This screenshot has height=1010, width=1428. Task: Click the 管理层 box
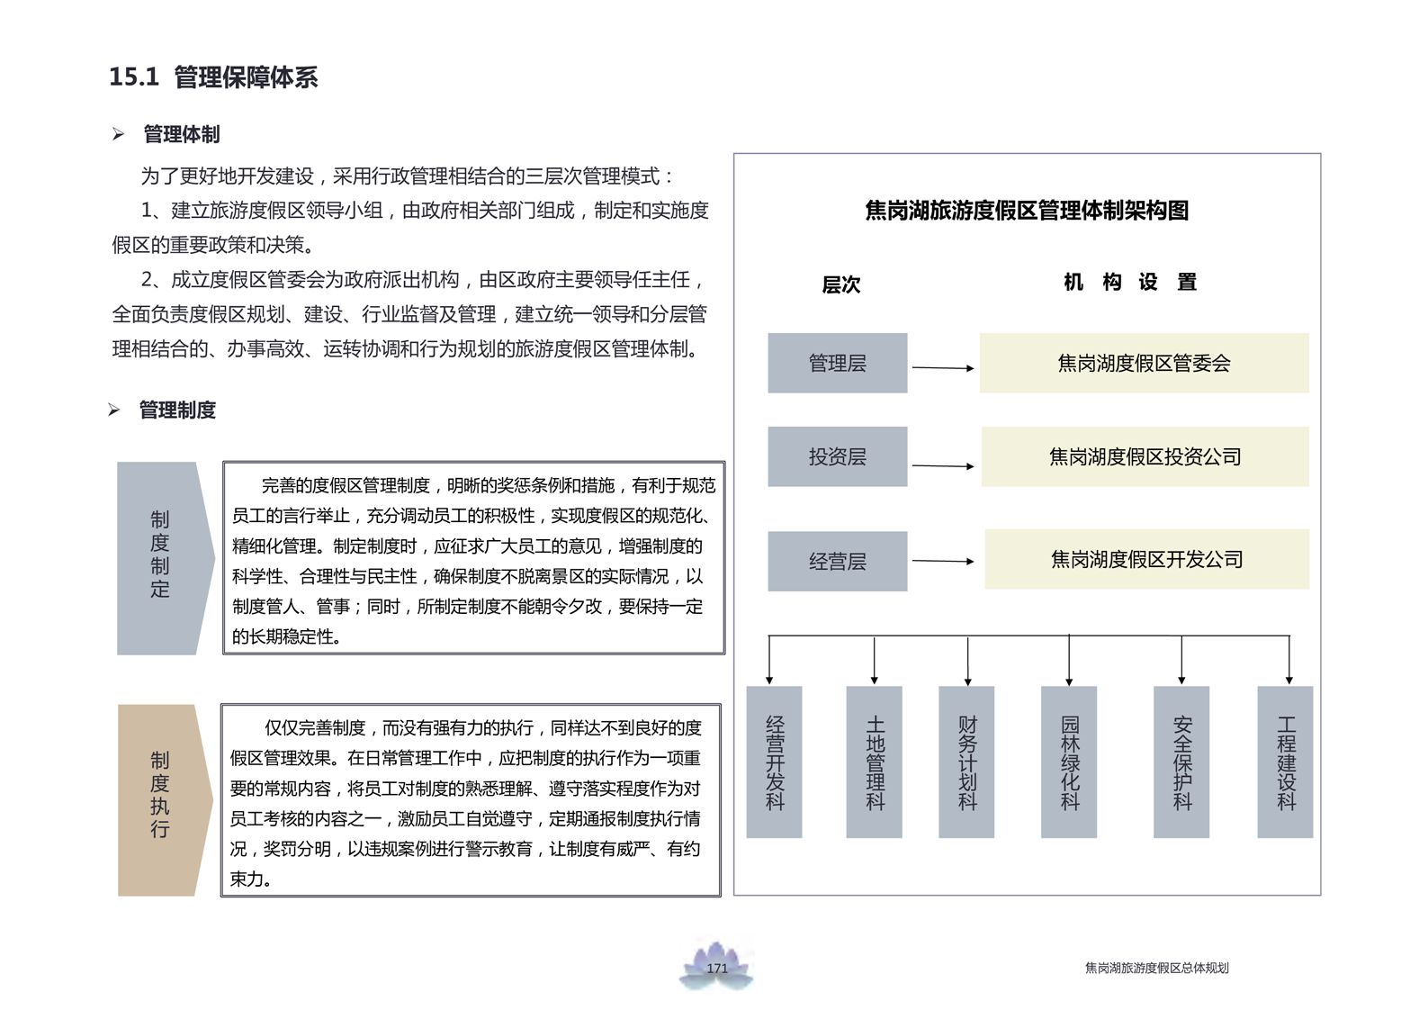[837, 363]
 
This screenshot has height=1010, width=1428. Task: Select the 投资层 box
[837, 456]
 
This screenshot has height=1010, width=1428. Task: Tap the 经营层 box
[837, 561]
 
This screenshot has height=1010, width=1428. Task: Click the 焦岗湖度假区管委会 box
[1144, 363]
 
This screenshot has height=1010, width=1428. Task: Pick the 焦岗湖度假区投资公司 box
[1145, 456]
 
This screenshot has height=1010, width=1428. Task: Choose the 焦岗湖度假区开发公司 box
[1146, 559]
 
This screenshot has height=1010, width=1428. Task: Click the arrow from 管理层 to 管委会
[942, 367]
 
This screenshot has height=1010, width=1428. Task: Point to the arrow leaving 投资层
[942, 465]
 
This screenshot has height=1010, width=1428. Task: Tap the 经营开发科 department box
[774, 762]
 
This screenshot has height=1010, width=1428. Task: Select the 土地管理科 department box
[874, 762]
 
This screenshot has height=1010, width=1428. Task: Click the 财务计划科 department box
[966, 762]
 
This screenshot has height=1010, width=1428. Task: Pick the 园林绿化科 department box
[1069, 762]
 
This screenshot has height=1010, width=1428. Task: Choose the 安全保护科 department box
[1181, 762]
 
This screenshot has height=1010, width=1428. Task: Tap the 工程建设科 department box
[1285, 762]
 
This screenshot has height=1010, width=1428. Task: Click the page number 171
[717, 969]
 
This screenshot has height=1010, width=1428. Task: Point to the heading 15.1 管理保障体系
[213, 77]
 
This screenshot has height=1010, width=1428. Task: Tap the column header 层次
[841, 284]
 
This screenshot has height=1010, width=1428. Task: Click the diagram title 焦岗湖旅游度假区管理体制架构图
[1027, 211]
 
